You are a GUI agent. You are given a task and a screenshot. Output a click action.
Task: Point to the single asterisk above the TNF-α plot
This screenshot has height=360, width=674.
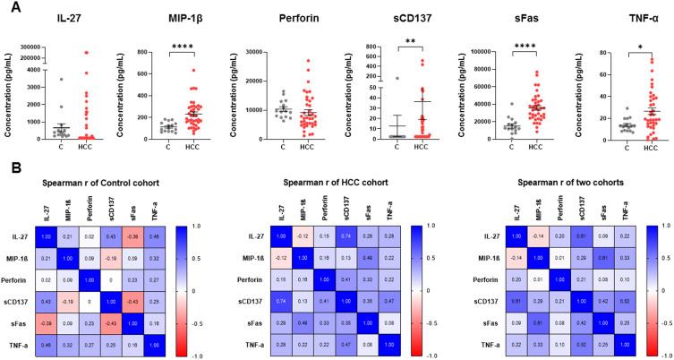pyautogui.click(x=632, y=54)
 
